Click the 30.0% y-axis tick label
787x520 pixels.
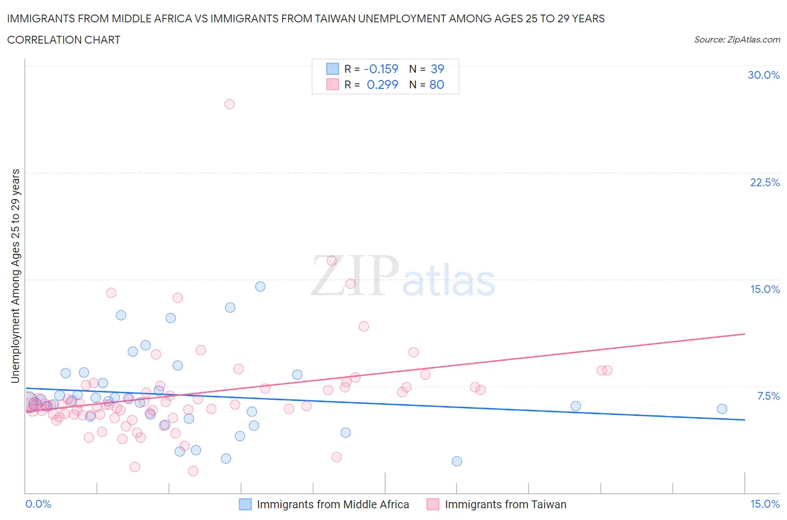click(x=763, y=75)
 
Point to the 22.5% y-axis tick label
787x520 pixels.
click(x=765, y=182)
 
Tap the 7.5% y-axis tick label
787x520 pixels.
click(x=768, y=396)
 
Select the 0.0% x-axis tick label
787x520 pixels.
click(x=39, y=504)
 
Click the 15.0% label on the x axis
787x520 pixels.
click(x=765, y=504)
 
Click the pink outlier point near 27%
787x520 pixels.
click(x=229, y=104)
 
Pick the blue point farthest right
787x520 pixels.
click(x=722, y=409)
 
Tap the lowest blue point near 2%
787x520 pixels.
click(x=457, y=461)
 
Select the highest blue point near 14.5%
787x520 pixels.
click(x=260, y=286)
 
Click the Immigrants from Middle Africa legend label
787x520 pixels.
click(x=332, y=504)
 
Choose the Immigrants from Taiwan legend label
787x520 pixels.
click(x=505, y=504)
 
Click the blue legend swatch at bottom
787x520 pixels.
click(x=245, y=504)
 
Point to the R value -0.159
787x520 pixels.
click(x=381, y=69)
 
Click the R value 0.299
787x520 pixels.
click(x=382, y=84)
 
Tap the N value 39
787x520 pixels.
click(x=437, y=69)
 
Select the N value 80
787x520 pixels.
click(x=437, y=84)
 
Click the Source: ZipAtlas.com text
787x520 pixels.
click(x=737, y=39)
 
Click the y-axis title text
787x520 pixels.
click(x=16, y=276)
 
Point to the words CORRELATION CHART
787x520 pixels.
click(x=64, y=40)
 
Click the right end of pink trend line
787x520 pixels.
click(x=744, y=334)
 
